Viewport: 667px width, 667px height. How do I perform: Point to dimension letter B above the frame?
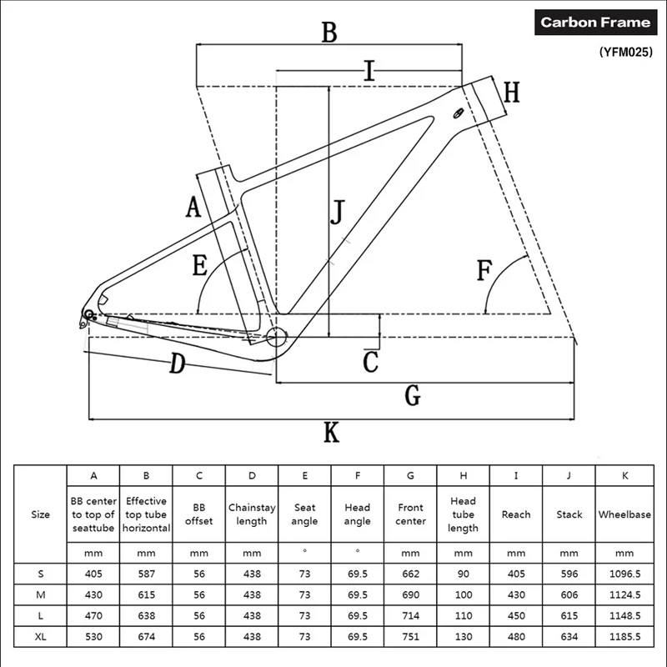329,33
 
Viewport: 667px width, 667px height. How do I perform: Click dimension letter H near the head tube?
511,93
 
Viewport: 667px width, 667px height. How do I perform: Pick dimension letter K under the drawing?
332,433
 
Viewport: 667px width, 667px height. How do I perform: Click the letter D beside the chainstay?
177,364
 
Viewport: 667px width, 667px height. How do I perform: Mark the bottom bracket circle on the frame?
277,338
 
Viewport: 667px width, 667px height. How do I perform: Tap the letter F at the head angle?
484,272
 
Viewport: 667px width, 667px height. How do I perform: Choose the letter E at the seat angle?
200,266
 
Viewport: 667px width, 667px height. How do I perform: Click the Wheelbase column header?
624,514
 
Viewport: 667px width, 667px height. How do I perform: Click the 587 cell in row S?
146,574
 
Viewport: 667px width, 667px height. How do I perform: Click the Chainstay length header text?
252,514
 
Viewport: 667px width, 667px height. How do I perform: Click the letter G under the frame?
412,396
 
